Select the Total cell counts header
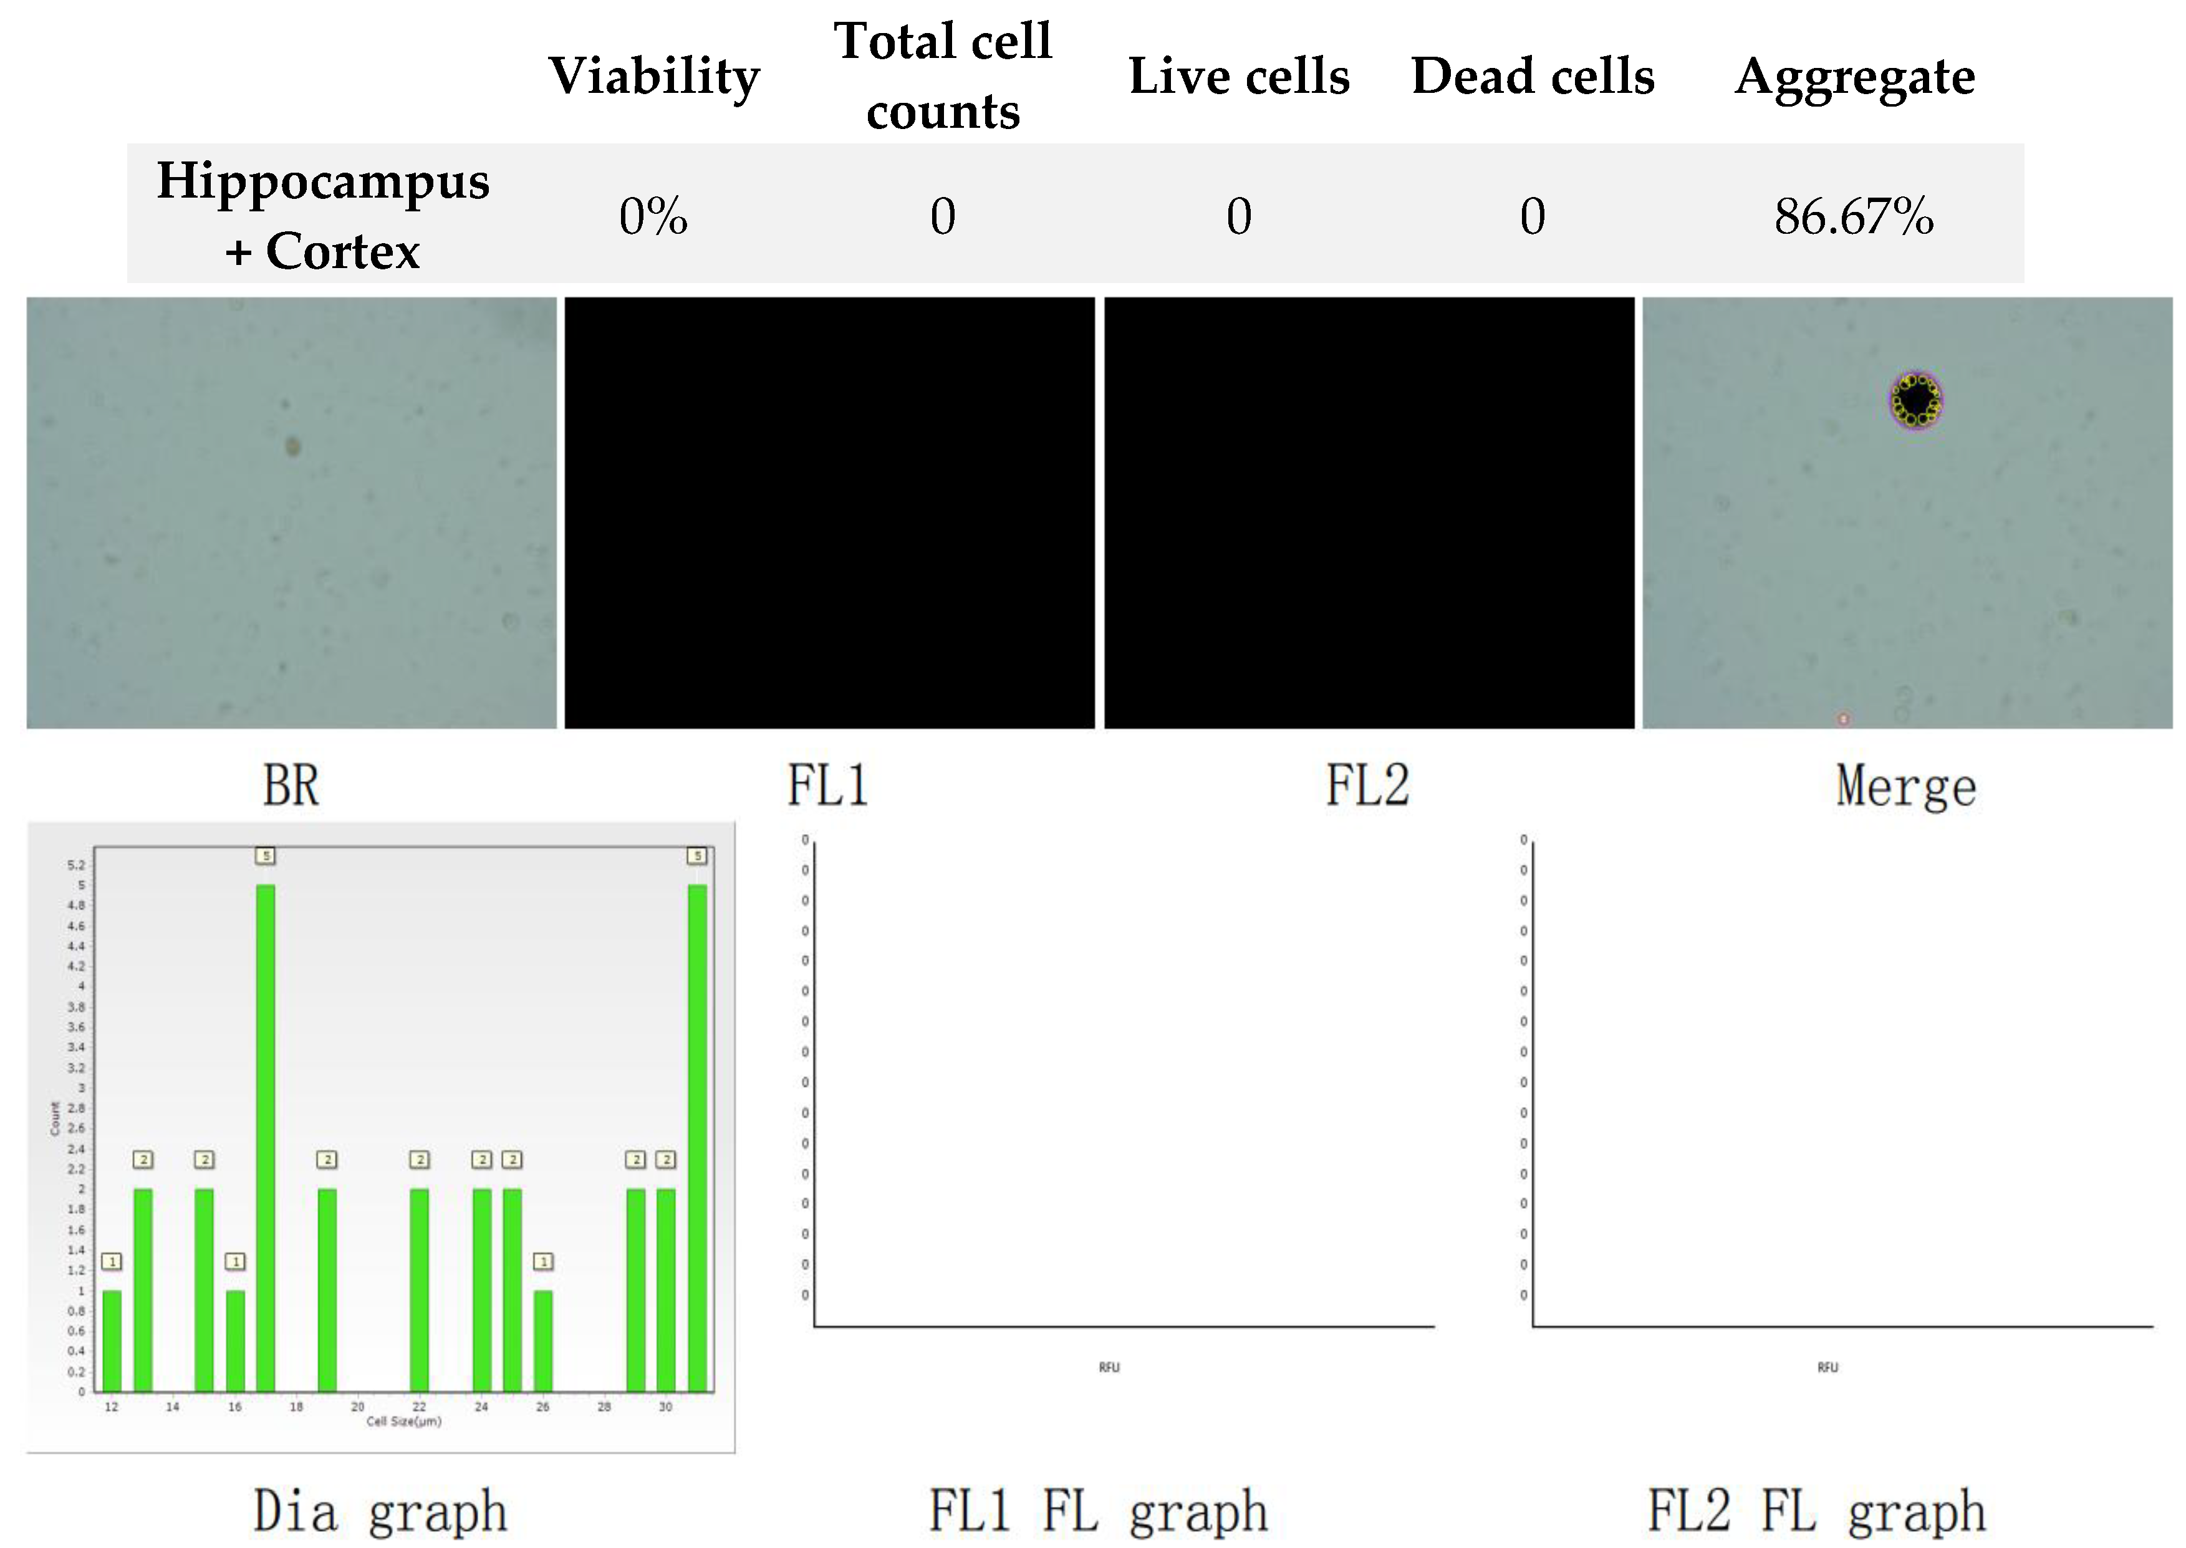[942, 76]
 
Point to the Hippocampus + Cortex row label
[322, 216]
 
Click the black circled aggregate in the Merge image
[1915, 400]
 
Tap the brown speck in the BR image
[292, 445]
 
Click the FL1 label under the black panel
[827, 786]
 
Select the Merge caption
[1905, 786]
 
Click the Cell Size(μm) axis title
[403, 1421]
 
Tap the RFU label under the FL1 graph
[1109, 1367]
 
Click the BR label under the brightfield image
[291, 786]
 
